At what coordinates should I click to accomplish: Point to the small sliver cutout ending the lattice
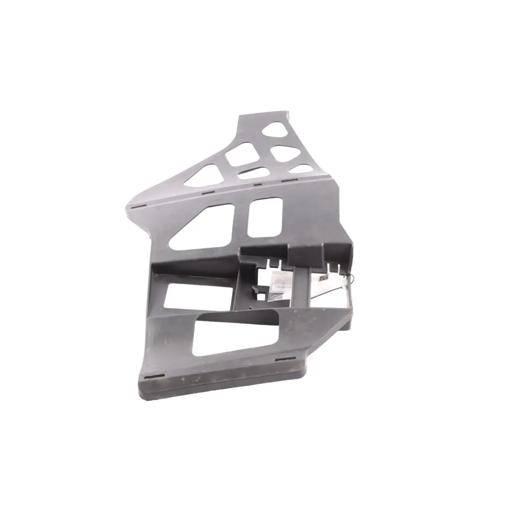click(x=301, y=169)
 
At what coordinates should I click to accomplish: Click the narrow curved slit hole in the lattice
click(x=254, y=172)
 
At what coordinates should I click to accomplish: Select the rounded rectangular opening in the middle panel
click(x=265, y=217)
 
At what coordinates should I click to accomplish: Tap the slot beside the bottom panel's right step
click(x=283, y=360)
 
